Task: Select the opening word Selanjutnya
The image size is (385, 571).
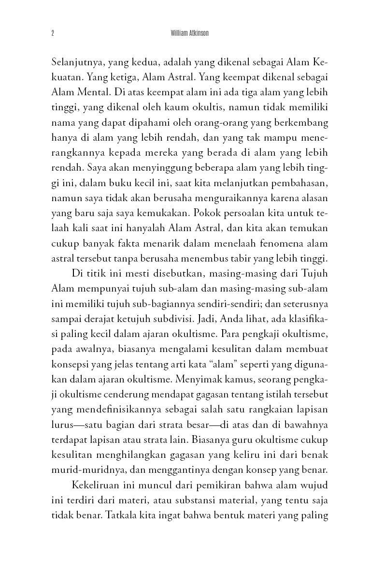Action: [x=77, y=62]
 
